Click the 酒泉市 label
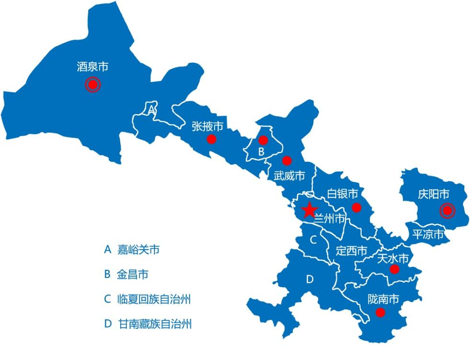92,67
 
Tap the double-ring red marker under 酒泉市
92,85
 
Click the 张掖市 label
207,127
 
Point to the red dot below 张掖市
211,139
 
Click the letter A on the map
151,110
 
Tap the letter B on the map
261,151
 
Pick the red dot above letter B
262,140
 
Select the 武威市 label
289,176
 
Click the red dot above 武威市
287,160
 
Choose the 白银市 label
343,194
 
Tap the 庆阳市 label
433,194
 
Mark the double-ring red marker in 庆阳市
447,210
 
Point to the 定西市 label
351,251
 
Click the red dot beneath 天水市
394,269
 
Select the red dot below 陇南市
380,313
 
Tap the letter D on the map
310,279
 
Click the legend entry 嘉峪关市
138,250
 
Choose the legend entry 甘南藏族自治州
154,324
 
